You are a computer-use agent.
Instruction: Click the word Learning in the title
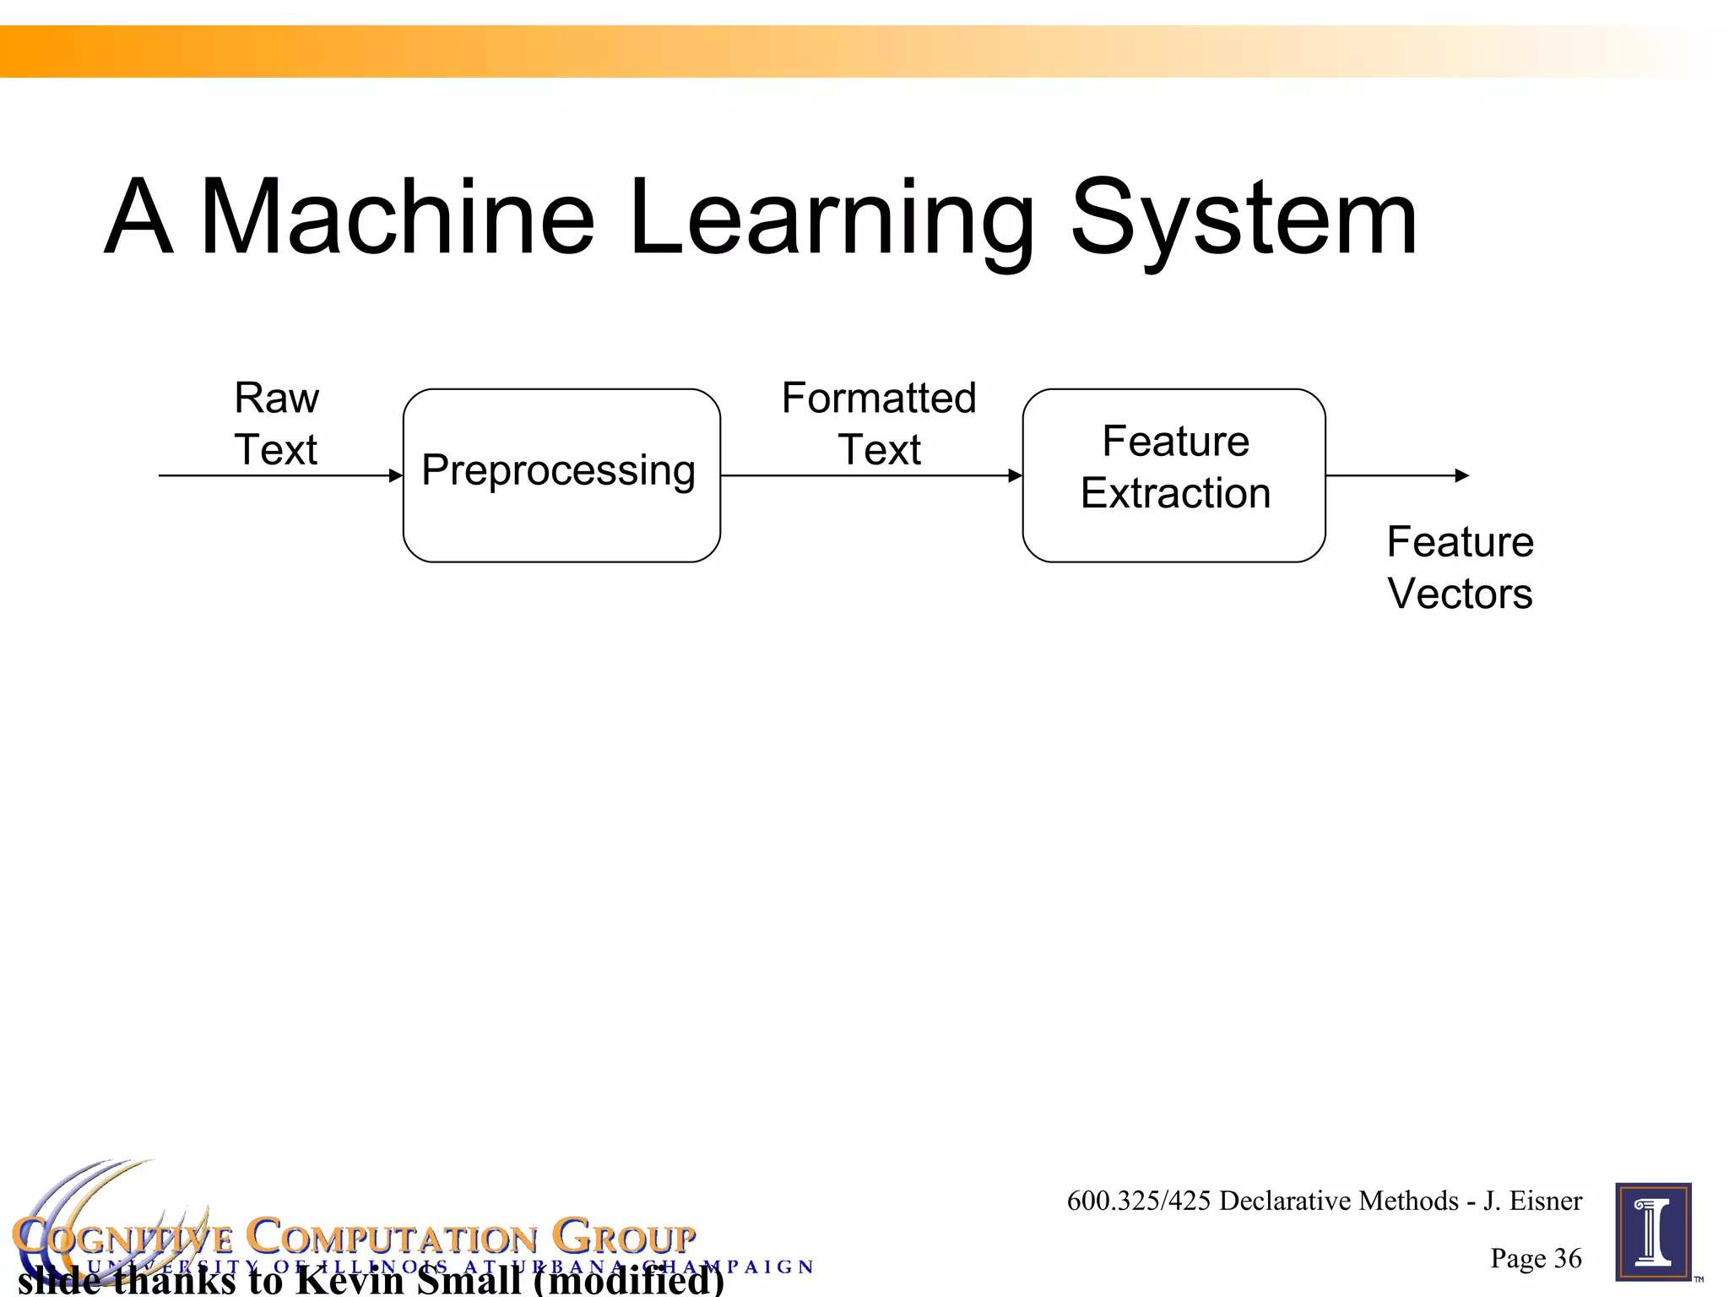point(832,220)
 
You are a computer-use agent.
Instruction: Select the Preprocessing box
point(561,475)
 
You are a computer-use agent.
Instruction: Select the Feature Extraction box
point(1173,475)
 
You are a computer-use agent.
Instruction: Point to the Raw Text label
point(276,423)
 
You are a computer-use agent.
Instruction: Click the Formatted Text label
point(879,423)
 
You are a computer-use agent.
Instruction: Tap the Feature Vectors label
point(1460,567)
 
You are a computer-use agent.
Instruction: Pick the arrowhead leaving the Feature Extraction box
point(1462,475)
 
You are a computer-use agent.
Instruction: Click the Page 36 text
point(1536,1258)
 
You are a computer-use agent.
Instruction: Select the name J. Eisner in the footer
point(1532,1201)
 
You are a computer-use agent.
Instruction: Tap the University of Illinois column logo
point(1653,1232)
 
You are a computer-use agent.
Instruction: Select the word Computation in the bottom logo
point(392,1237)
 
